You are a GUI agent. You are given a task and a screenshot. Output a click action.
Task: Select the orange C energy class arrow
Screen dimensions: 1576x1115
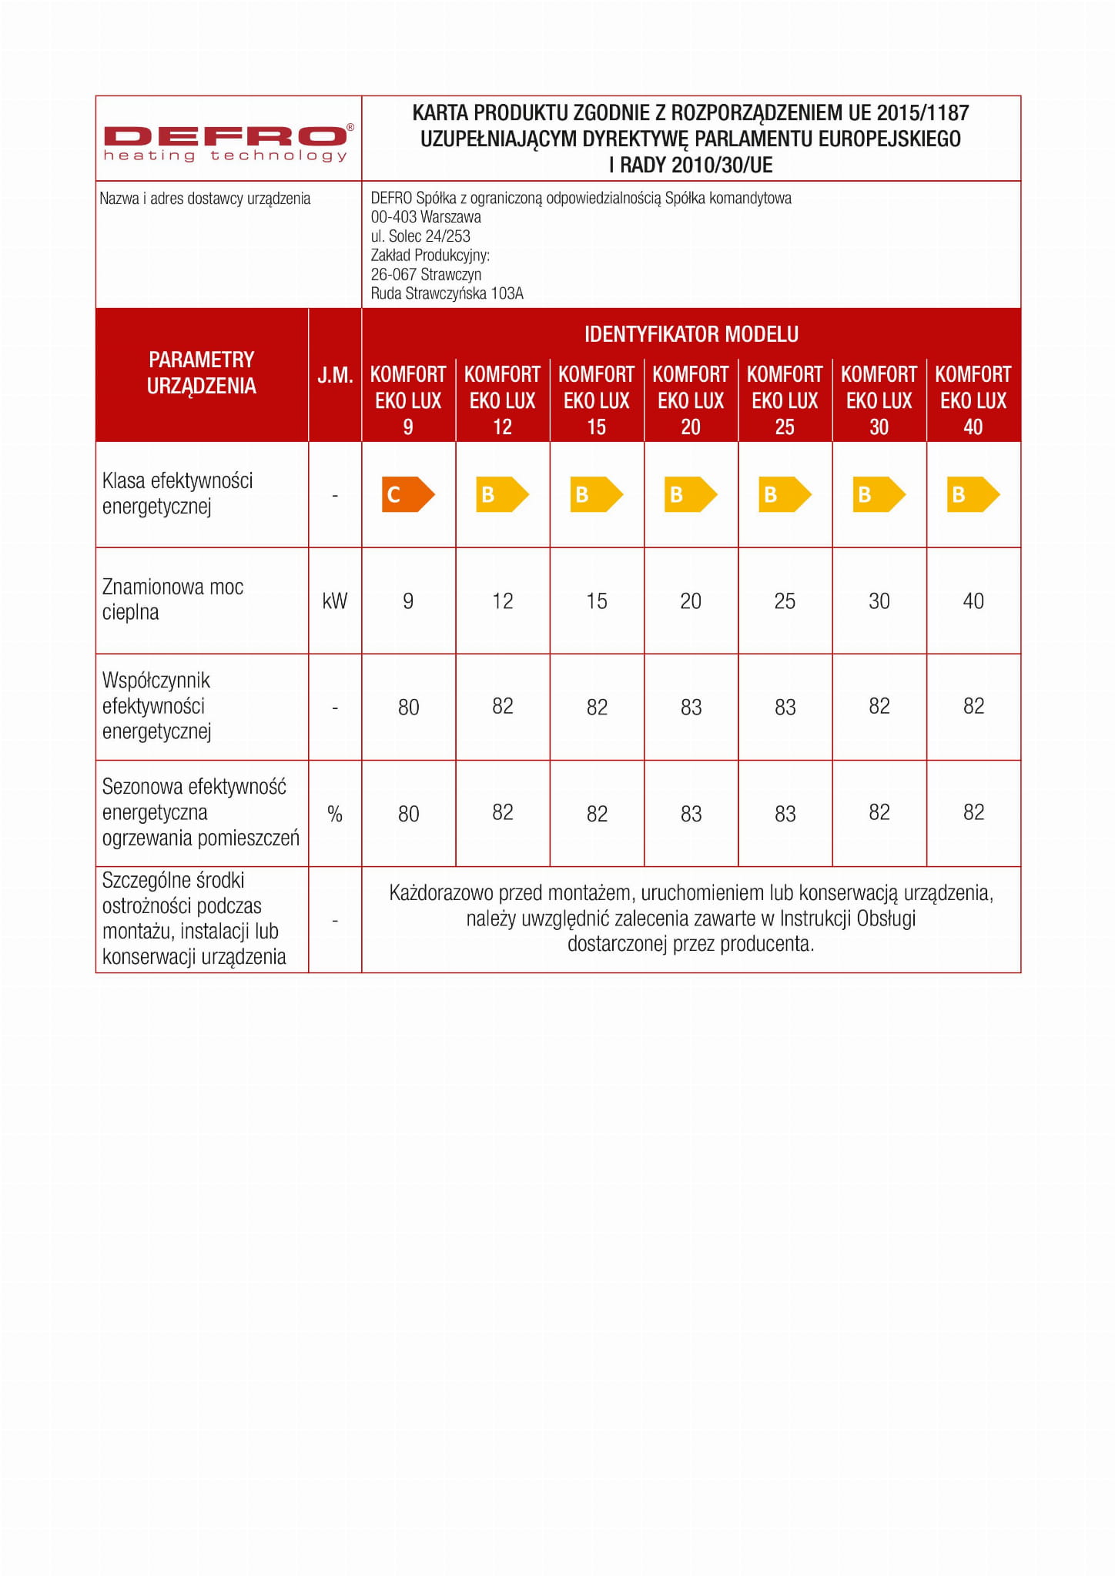point(407,494)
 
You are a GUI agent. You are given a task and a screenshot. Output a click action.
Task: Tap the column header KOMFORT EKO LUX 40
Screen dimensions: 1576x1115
point(973,400)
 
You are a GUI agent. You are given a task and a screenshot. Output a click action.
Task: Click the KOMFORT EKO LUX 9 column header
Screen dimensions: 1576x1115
point(408,400)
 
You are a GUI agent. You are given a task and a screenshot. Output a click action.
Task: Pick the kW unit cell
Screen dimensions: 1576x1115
point(335,601)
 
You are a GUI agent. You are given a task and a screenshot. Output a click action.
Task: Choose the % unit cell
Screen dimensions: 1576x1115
point(335,814)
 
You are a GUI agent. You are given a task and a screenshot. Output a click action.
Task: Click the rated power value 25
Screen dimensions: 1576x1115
point(785,601)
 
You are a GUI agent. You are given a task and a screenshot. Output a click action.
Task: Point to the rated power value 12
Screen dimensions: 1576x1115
point(502,601)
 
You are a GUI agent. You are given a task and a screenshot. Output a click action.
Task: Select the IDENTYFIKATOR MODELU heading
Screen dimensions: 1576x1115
point(691,334)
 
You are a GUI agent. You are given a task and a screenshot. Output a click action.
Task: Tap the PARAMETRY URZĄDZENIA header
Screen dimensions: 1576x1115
point(201,373)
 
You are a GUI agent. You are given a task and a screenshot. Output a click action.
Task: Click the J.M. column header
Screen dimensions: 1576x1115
point(335,376)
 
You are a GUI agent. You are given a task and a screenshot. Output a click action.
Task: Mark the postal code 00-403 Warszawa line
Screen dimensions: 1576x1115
point(426,217)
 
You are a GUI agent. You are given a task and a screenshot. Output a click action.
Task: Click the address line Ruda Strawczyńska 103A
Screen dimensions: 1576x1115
point(447,293)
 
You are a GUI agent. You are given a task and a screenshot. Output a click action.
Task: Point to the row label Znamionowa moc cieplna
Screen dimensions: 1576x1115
point(172,600)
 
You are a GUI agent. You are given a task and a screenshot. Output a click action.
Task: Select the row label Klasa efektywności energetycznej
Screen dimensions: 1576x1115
point(177,494)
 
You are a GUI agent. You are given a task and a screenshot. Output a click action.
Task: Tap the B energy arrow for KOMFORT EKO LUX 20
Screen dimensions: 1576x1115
point(690,494)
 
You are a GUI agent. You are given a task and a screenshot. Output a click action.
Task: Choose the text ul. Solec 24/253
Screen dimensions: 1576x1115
point(420,236)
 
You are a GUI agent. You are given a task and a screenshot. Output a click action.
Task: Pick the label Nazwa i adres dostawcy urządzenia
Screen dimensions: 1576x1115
point(205,199)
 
